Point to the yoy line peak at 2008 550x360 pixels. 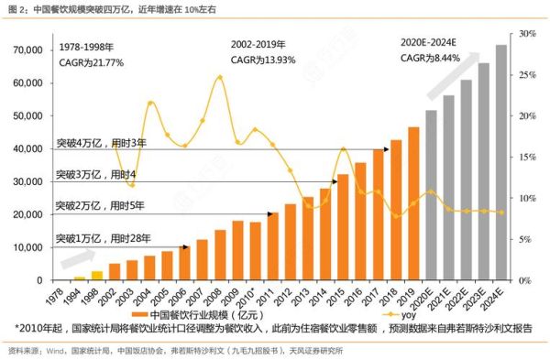pos(219,77)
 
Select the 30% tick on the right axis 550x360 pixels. pos(528,34)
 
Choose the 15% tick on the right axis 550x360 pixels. pos(528,158)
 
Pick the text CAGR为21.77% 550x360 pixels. pos(91,62)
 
